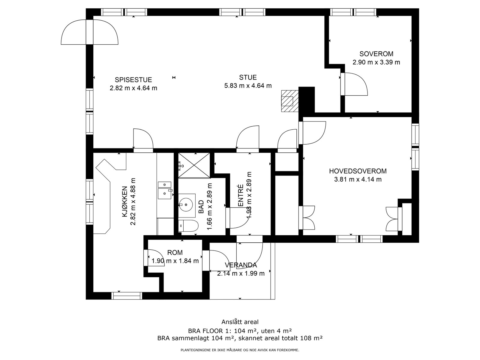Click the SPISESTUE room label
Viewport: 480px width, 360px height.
133,79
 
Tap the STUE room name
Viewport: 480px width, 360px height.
248,77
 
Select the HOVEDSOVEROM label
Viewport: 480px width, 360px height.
358,171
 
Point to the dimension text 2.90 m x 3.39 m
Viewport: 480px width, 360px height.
376,62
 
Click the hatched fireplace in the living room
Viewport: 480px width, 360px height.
290,101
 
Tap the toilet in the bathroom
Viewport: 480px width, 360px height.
188,226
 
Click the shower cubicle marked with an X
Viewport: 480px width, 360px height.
194,165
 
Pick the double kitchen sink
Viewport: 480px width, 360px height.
165,190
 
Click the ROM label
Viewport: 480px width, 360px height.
175,253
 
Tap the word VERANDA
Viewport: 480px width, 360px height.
241,265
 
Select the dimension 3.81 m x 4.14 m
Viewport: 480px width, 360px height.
358,179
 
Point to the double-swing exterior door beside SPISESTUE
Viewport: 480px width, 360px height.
89,32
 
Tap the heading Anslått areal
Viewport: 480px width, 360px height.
240,322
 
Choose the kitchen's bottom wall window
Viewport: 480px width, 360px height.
127,296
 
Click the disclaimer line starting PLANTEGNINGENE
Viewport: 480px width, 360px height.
240,350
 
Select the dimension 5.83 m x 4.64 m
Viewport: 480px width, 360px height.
248,86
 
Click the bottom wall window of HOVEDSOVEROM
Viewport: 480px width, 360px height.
359,239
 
